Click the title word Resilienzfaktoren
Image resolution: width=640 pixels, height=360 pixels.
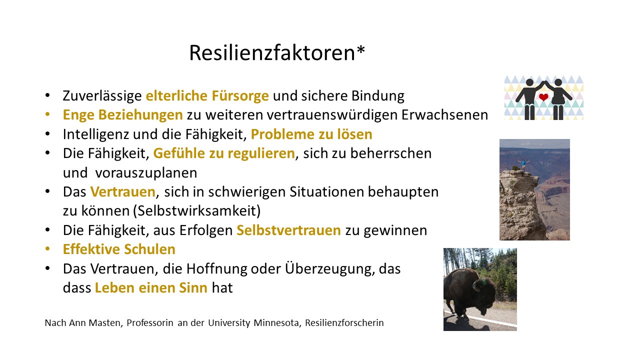click(x=272, y=53)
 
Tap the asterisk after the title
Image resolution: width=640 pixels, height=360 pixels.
click(x=360, y=49)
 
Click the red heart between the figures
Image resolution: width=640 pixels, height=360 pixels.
click(x=543, y=97)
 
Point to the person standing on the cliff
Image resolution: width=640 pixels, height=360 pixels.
click(x=523, y=165)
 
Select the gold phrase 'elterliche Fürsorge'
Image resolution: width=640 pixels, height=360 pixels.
click(x=207, y=95)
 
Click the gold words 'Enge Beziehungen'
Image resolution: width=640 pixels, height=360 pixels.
click(x=123, y=115)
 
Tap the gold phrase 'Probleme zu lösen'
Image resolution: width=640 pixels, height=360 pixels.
click(x=311, y=134)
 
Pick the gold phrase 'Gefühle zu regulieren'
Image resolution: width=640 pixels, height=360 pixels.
click(x=224, y=153)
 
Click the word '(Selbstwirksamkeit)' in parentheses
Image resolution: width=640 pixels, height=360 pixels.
click(x=197, y=211)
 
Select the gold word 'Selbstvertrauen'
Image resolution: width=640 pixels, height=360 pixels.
click(x=289, y=230)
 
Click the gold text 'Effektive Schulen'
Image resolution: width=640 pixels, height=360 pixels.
click(x=119, y=249)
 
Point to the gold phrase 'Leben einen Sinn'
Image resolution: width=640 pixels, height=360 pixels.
click(x=151, y=287)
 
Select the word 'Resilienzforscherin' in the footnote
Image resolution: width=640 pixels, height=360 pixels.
click(x=344, y=323)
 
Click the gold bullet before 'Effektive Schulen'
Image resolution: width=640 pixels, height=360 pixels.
click(x=47, y=249)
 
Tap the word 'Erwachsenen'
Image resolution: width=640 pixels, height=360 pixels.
click(x=444, y=115)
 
